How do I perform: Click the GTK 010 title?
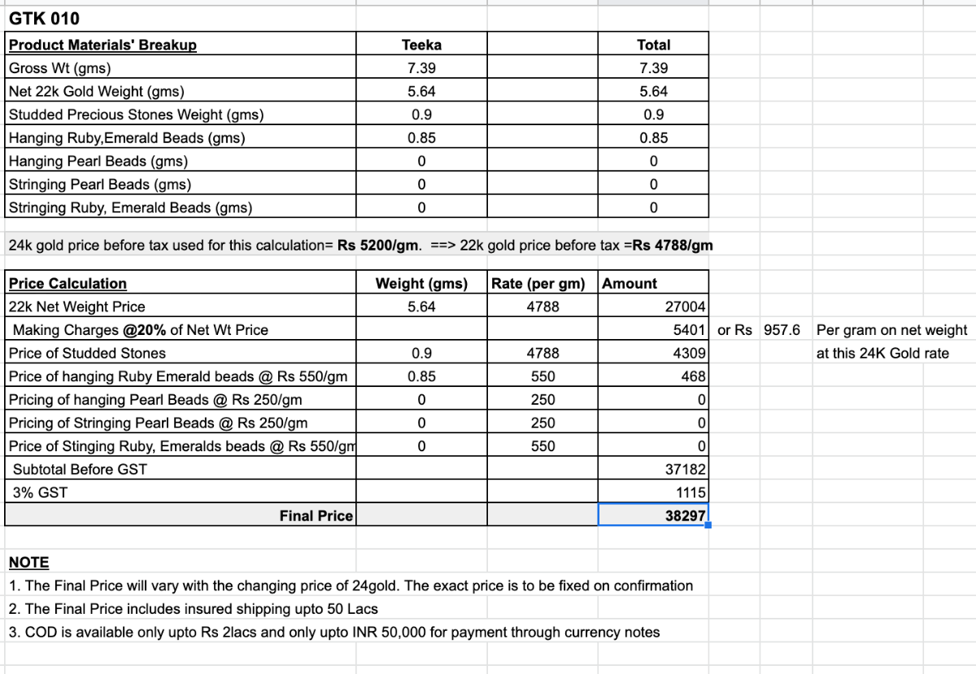[44, 19]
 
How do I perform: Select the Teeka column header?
[421, 45]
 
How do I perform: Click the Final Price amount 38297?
[685, 515]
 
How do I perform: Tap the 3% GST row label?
[41, 492]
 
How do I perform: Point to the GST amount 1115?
[691, 492]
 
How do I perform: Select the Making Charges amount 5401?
[688, 329]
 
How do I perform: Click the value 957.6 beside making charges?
[782, 329]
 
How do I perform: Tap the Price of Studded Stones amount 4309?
[688, 353]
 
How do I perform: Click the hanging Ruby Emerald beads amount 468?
[694, 376]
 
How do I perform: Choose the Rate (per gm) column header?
[538, 284]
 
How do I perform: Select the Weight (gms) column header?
[421, 284]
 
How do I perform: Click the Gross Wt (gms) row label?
[59, 68]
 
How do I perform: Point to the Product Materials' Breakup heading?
[102, 45]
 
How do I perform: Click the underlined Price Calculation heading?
[68, 284]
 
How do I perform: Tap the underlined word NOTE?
[28, 563]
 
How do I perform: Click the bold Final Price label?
[316, 515]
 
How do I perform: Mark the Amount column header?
[630, 284]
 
